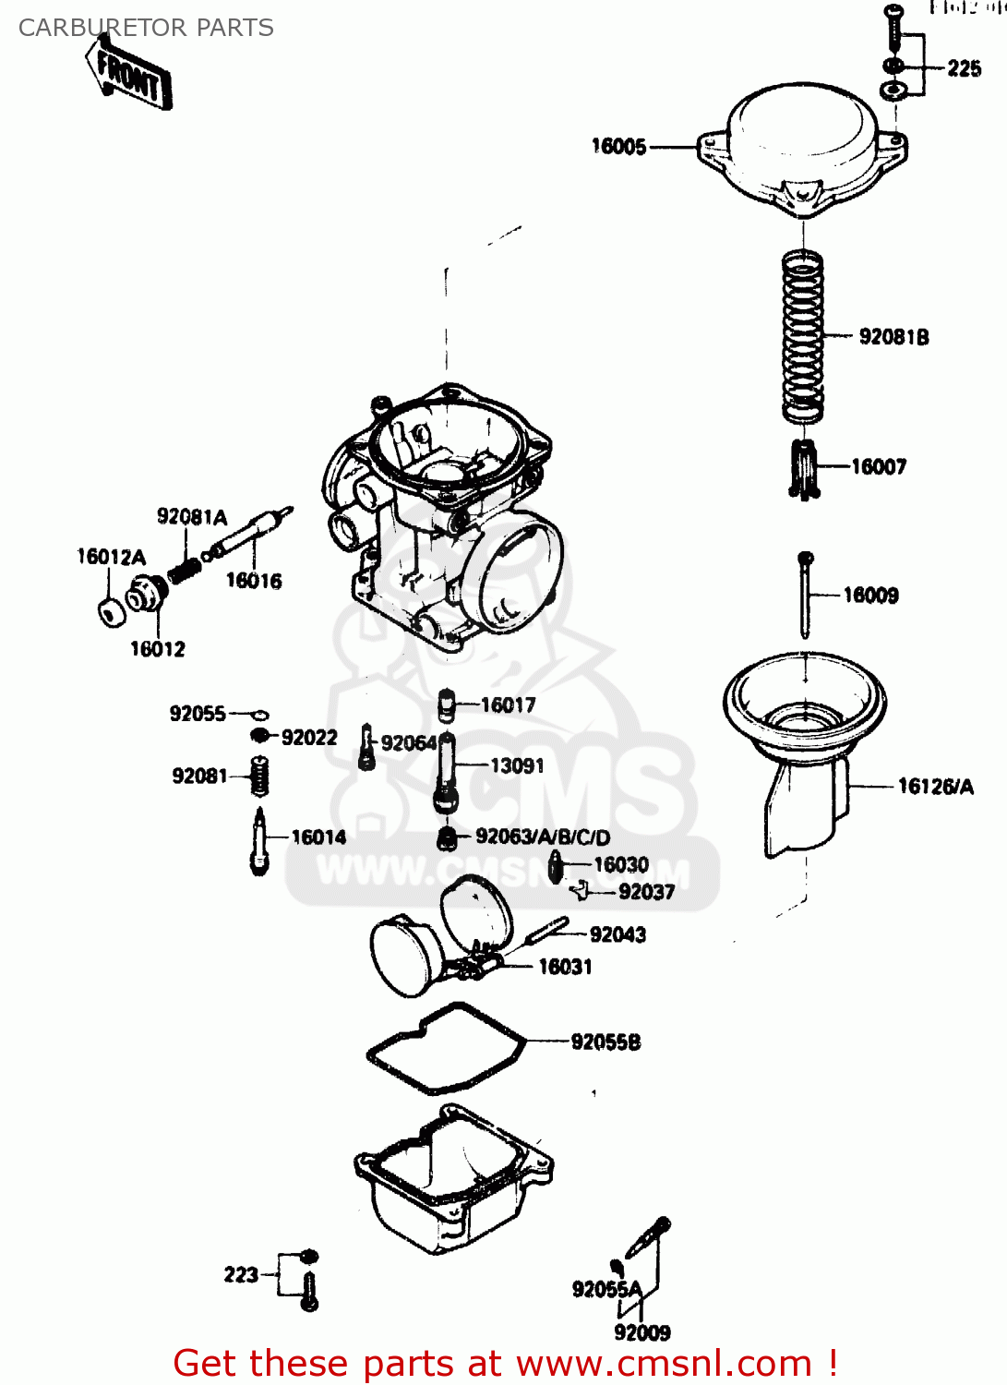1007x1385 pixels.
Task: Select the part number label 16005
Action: [618, 147]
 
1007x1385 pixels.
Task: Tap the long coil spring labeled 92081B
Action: [802, 337]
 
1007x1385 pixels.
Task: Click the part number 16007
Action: [879, 467]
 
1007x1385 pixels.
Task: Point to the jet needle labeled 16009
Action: [806, 596]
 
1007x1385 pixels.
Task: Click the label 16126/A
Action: [935, 787]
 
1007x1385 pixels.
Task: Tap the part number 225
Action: [964, 68]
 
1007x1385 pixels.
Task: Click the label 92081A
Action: [191, 517]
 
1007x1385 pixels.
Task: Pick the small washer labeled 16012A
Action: [110, 612]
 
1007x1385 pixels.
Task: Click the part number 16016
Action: [254, 581]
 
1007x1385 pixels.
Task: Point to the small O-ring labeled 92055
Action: [260, 715]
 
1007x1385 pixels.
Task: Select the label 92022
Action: [309, 738]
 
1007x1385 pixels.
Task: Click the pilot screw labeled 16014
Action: [260, 842]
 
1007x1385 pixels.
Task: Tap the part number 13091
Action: [517, 765]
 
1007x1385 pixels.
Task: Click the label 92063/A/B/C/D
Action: [543, 837]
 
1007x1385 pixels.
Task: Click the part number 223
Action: [241, 1275]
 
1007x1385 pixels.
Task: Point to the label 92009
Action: [642, 1332]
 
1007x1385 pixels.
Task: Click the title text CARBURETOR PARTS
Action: [146, 28]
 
